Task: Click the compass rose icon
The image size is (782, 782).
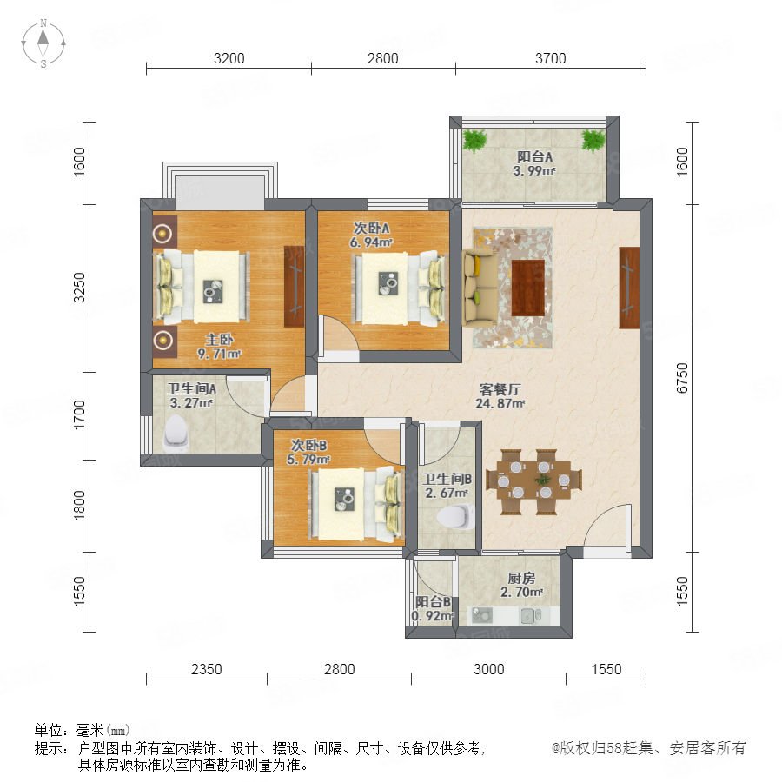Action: click(x=43, y=43)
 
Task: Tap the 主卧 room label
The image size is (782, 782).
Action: click(x=220, y=340)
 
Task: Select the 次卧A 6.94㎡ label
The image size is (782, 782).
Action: click(x=372, y=235)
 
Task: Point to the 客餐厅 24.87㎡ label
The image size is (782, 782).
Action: click(x=500, y=396)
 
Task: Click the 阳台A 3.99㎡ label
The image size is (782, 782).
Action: click(x=534, y=163)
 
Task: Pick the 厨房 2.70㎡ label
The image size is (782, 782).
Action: click(x=521, y=585)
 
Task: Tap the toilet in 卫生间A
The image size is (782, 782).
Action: click(x=176, y=431)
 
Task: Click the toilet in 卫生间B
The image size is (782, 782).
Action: click(x=456, y=516)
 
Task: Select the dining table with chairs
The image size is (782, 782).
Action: click(x=533, y=481)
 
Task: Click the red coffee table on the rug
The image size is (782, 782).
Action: click(x=527, y=288)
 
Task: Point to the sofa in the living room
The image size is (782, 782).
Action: click(x=480, y=288)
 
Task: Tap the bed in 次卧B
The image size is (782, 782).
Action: click(x=355, y=504)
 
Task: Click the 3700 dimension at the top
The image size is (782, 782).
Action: click(x=551, y=58)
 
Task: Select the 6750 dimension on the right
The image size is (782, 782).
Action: click(x=682, y=378)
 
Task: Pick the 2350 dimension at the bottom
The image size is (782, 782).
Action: click(x=207, y=669)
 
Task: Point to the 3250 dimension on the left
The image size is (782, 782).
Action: click(x=79, y=288)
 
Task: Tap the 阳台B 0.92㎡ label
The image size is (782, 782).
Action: click(x=433, y=609)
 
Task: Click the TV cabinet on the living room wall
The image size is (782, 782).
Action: click(x=629, y=288)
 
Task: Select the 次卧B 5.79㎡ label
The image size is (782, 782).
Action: click(x=308, y=452)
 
